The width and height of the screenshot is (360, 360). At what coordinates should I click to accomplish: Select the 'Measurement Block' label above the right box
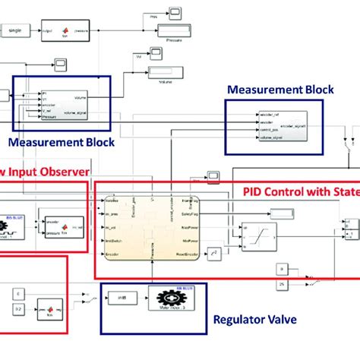pyautogui.click(x=279, y=89)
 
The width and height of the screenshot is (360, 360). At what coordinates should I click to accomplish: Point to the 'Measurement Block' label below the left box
pyautogui.click(x=62, y=142)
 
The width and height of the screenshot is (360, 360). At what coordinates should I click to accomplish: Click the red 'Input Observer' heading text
pyautogui.click(x=46, y=172)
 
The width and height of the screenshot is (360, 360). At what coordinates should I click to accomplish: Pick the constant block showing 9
pyautogui.click(x=280, y=268)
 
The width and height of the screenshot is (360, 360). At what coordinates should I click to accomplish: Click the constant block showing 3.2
pyautogui.click(x=20, y=310)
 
